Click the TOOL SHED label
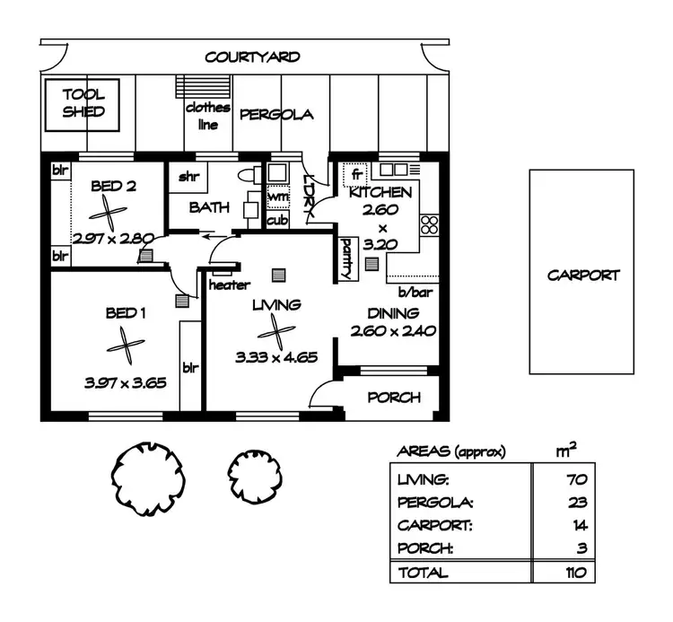(83, 102)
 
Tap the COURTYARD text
(252, 57)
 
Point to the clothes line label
(207, 116)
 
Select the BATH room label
(208, 207)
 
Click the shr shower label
(188, 177)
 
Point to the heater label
(229, 285)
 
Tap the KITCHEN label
(380, 193)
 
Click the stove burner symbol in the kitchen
(428, 224)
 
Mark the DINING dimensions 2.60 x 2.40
(392, 330)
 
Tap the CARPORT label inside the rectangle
(582, 275)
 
